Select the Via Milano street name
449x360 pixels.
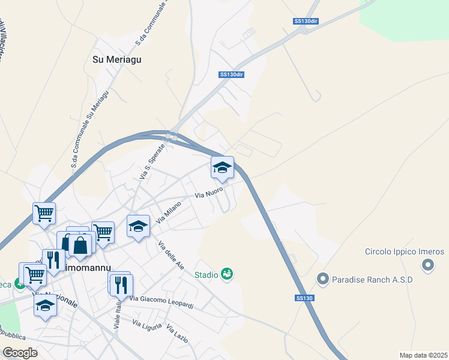pos(169,212)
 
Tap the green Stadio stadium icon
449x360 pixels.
pos(227,274)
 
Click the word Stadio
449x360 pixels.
pos(205,275)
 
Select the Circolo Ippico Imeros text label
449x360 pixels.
pos(405,251)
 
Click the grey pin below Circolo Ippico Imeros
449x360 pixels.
pos(427,265)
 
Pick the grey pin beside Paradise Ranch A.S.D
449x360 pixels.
pos(323,279)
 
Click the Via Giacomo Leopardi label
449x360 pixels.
pos(161,302)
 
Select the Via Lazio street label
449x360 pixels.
pos(178,334)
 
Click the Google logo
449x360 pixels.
pos(20,352)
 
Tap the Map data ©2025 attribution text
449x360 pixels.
pos(423,355)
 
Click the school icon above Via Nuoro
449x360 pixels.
pos(222,167)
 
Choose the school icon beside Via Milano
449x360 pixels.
pos(138,226)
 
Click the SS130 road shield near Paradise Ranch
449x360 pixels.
pos(305,298)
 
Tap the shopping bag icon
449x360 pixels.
pos(80,244)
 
